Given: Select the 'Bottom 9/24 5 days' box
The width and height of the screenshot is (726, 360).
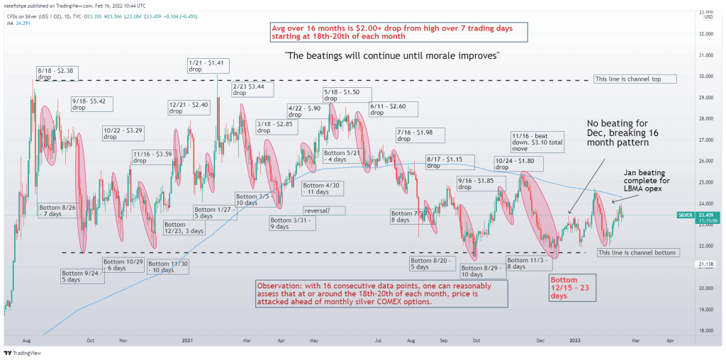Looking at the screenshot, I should [x=78, y=276].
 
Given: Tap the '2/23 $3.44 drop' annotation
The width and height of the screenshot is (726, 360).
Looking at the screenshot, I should [x=250, y=89].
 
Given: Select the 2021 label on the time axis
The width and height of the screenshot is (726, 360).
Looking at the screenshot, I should [x=187, y=340].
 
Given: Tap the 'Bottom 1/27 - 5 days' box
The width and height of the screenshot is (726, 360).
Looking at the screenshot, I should [x=211, y=211].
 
